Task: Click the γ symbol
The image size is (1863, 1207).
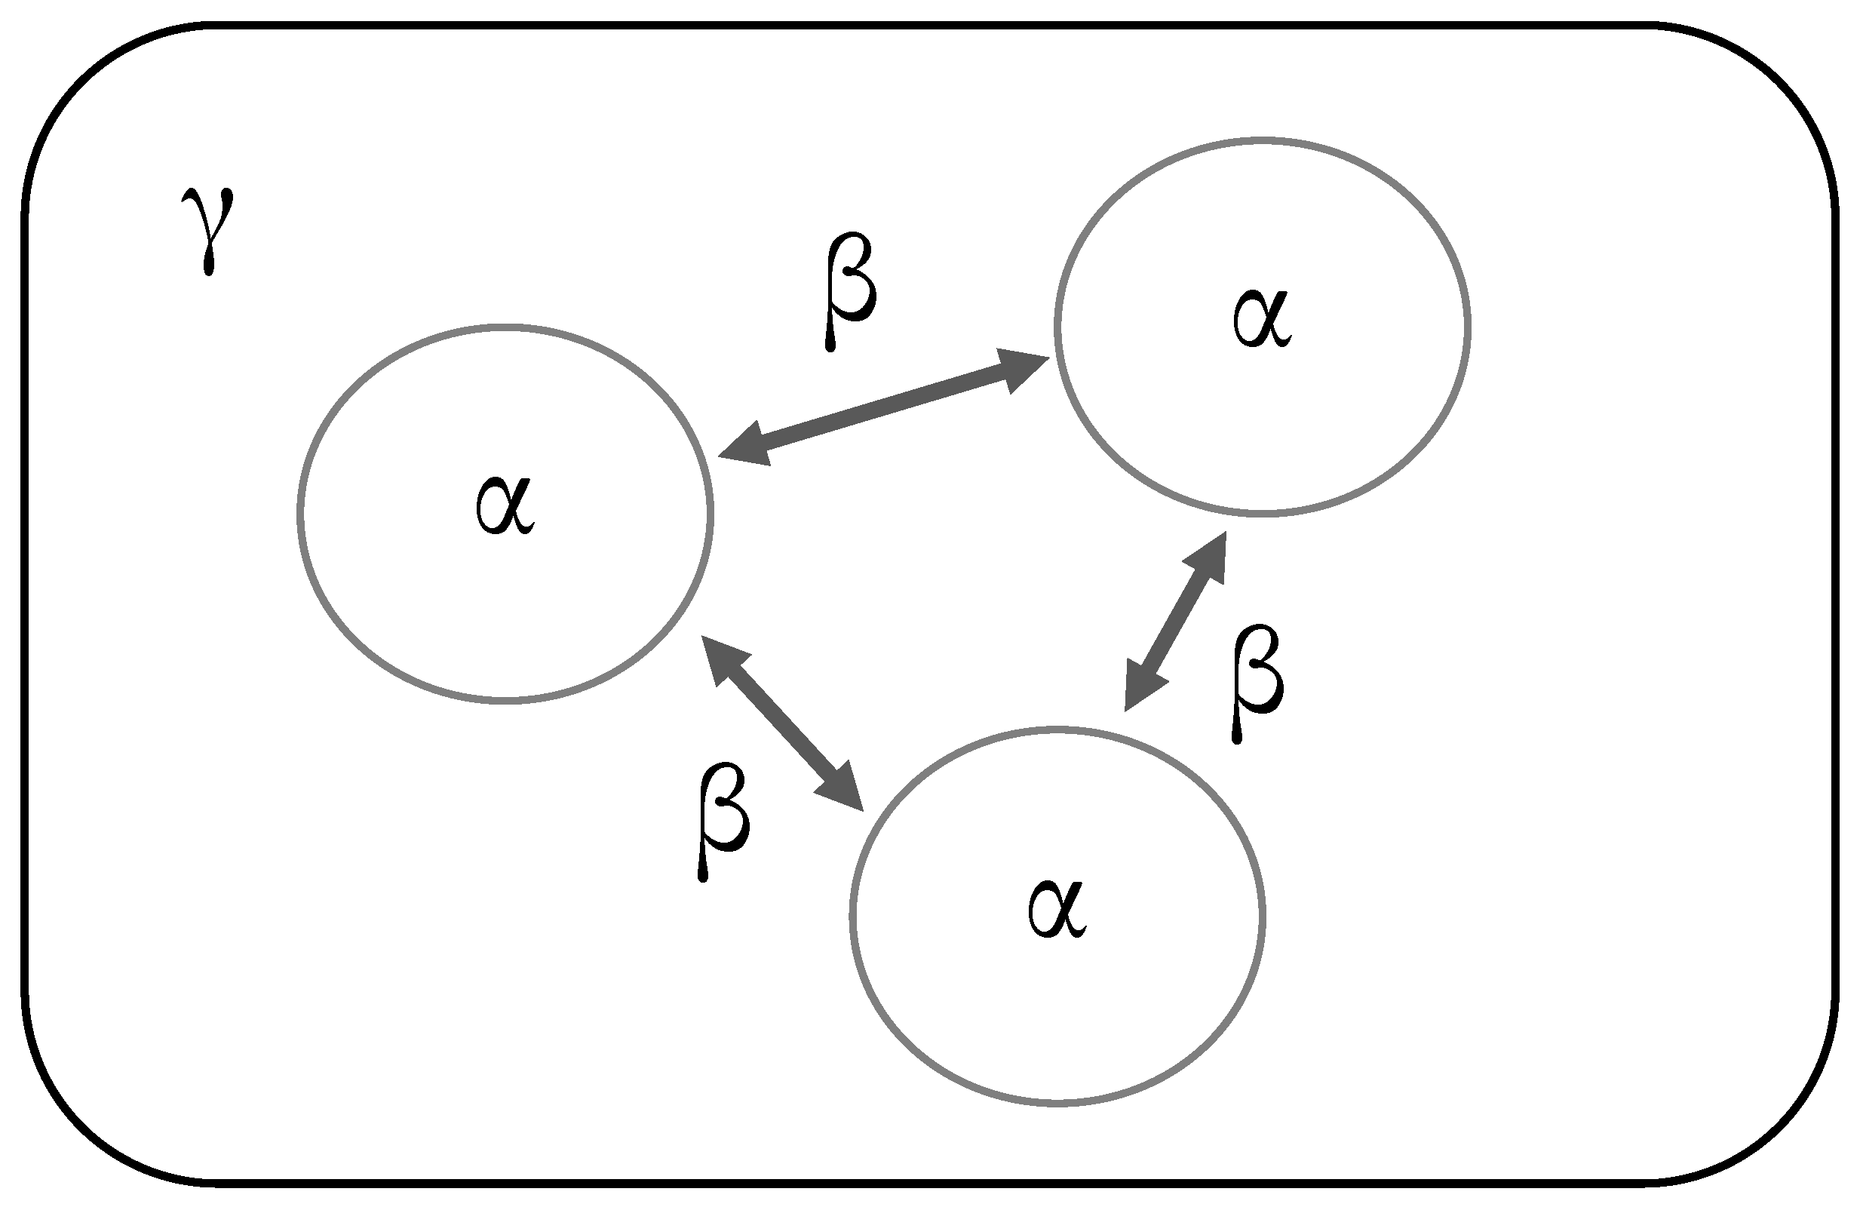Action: point(207,229)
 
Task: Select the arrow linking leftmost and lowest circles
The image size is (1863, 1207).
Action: point(782,723)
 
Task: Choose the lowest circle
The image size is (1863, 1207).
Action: point(854,916)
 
